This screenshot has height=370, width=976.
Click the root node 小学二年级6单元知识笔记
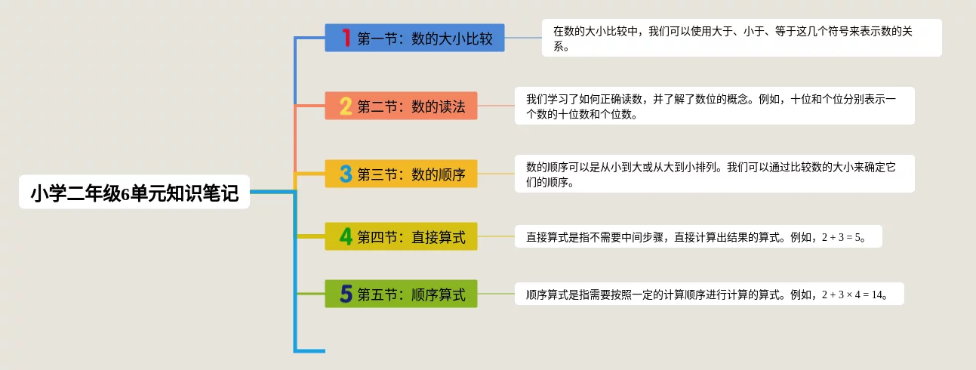(x=134, y=193)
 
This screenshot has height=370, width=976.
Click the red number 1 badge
(x=346, y=38)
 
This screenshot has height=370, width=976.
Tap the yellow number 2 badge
(x=346, y=106)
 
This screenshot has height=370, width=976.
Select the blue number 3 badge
(x=346, y=174)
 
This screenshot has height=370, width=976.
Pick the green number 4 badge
(x=346, y=236)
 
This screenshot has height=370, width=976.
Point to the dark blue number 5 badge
(x=346, y=294)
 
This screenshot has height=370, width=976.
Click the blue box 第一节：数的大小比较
(x=415, y=38)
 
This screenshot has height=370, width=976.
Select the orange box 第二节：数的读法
(x=401, y=106)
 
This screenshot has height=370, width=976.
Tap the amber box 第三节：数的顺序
(x=401, y=174)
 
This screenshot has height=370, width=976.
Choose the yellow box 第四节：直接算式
(x=401, y=236)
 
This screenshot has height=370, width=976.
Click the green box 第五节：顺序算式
(x=401, y=294)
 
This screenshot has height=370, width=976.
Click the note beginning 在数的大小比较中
(x=741, y=38)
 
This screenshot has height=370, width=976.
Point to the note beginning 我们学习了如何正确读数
(x=715, y=106)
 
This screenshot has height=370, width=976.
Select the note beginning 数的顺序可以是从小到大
(x=715, y=174)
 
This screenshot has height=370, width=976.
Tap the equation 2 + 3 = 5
(x=841, y=238)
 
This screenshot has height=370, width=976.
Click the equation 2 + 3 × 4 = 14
(x=852, y=295)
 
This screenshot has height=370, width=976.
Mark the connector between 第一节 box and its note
(x=523, y=38)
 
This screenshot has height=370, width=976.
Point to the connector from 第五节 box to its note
(x=496, y=294)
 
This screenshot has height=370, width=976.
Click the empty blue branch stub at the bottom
(x=310, y=351)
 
